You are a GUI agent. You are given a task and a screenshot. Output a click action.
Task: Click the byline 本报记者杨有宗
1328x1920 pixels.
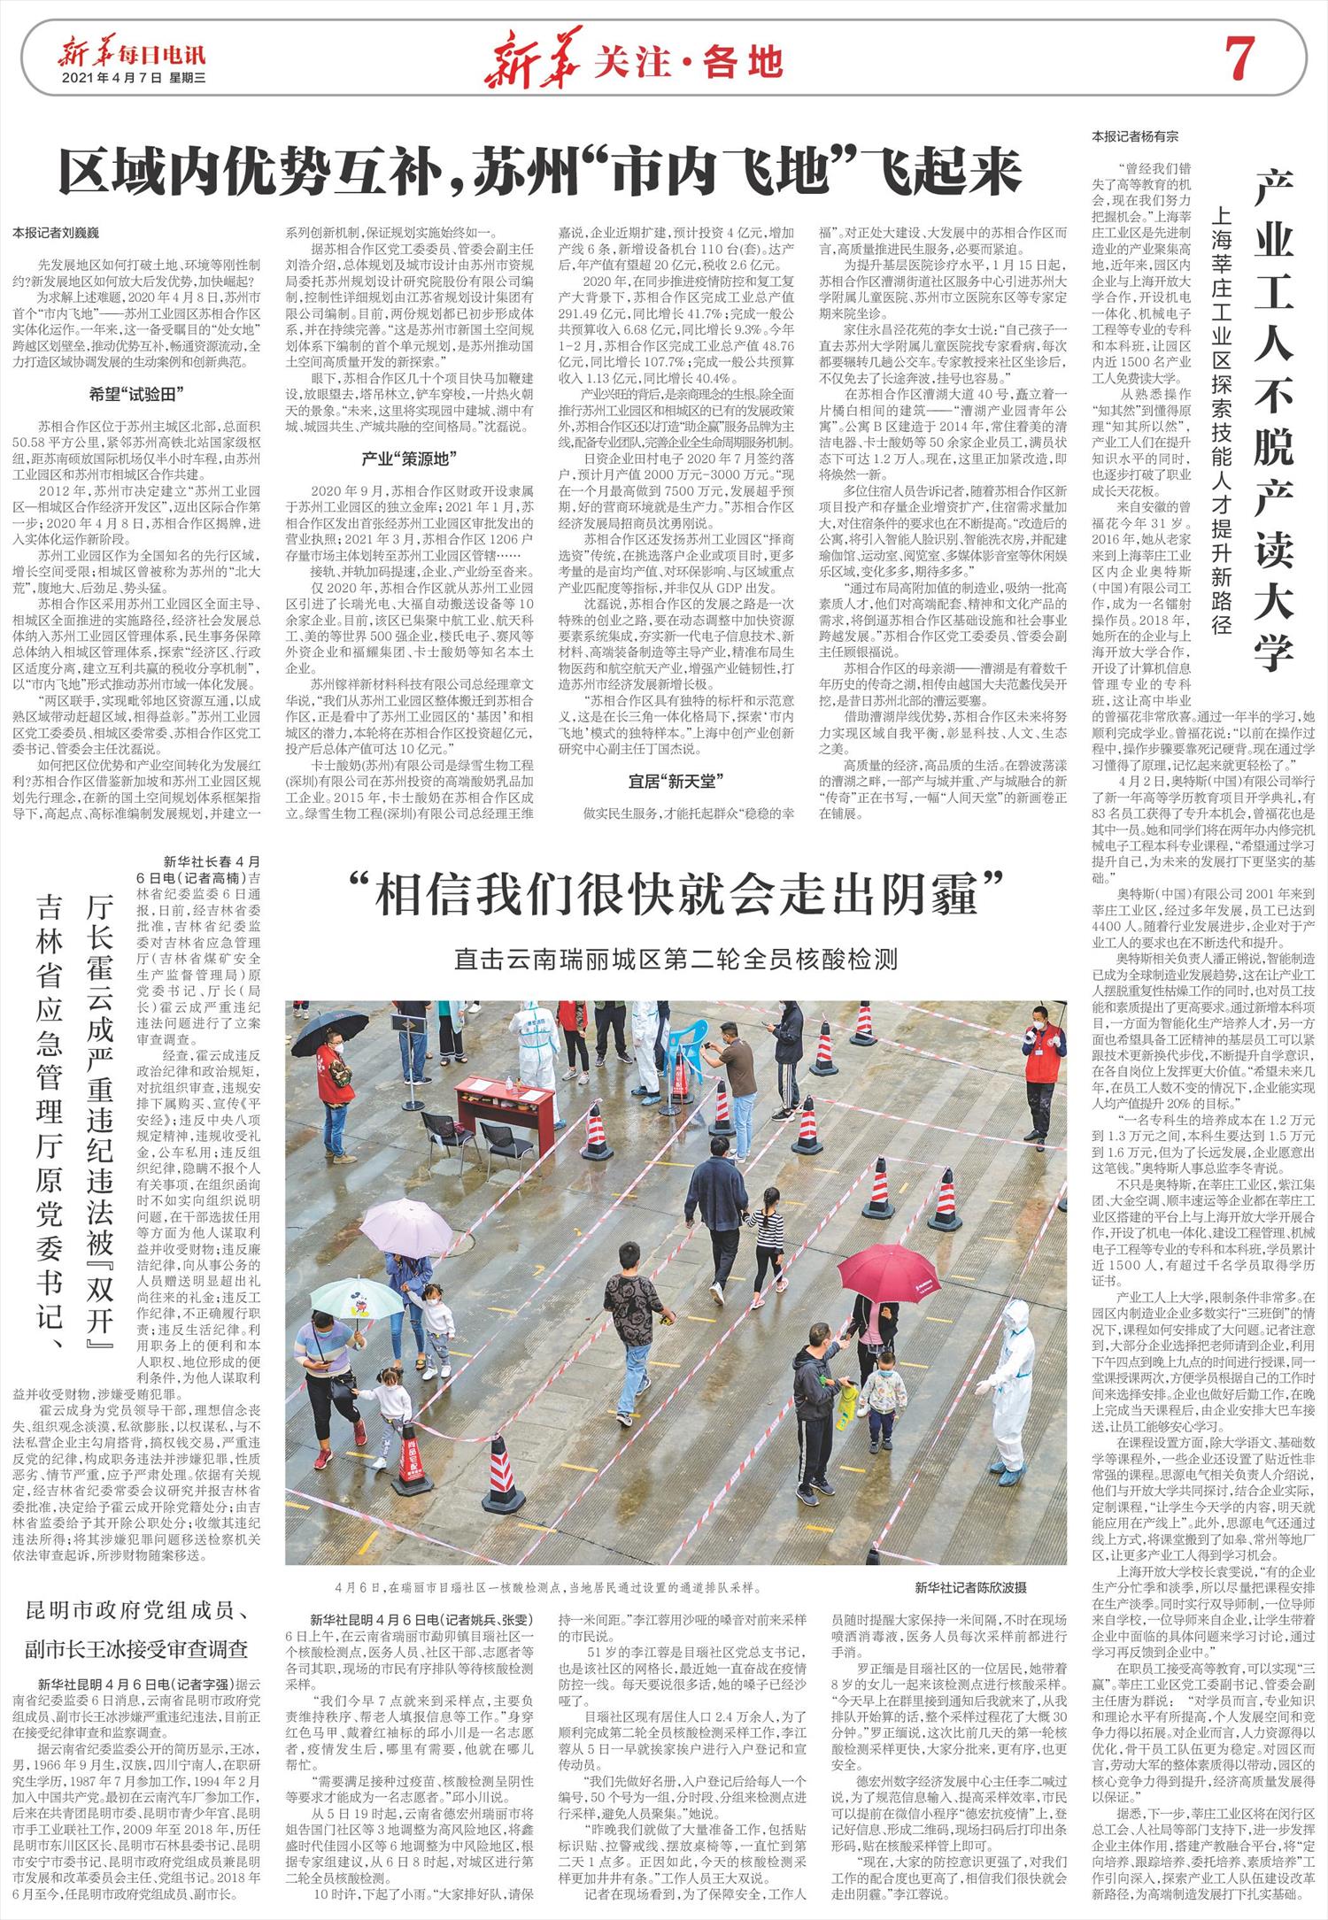pyautogui.click(x=1135, y=136)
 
